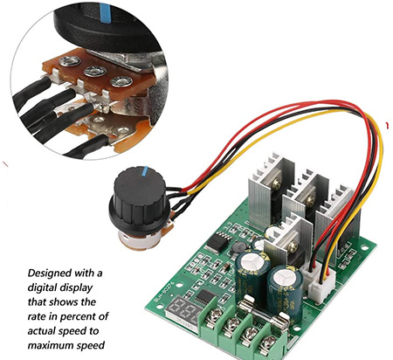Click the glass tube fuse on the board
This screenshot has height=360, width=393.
pos(264,311)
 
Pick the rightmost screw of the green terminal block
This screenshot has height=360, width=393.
pos(269,343)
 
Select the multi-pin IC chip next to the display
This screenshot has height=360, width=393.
pos(204,297)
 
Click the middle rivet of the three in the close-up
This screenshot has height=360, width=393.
pos(95,71)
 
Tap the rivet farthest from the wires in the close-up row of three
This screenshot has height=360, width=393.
pos(121,81)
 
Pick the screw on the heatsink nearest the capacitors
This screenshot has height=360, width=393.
pos(293,247)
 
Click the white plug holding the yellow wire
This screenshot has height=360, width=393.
pos(321,289)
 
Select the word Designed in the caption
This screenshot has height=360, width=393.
pos(50,273)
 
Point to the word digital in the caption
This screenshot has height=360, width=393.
pos(42,288)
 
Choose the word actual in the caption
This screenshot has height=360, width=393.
pos(42,331)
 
